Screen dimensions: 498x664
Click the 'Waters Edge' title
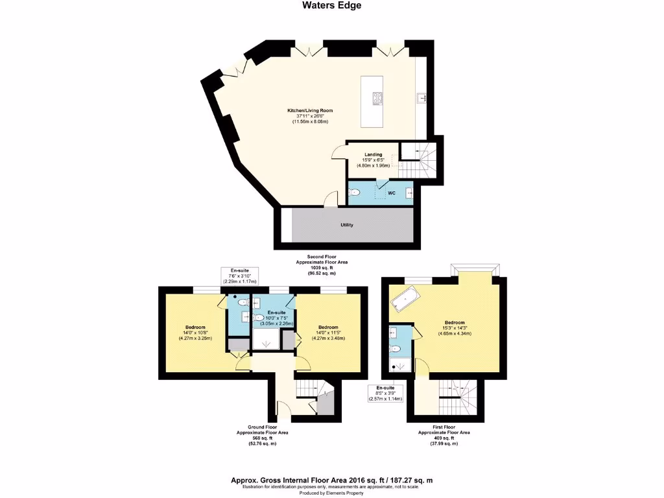331,6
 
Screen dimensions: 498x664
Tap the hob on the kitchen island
377,99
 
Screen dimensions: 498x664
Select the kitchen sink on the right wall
421,99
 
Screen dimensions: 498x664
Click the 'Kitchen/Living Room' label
310,111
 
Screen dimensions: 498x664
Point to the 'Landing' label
373,154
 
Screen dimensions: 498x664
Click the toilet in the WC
354,193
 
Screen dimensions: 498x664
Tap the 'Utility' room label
347,225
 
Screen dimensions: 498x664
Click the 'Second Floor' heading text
322,257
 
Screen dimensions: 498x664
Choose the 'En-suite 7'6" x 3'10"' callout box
239,276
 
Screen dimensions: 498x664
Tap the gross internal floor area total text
331,480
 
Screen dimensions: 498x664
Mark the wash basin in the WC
409,193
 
